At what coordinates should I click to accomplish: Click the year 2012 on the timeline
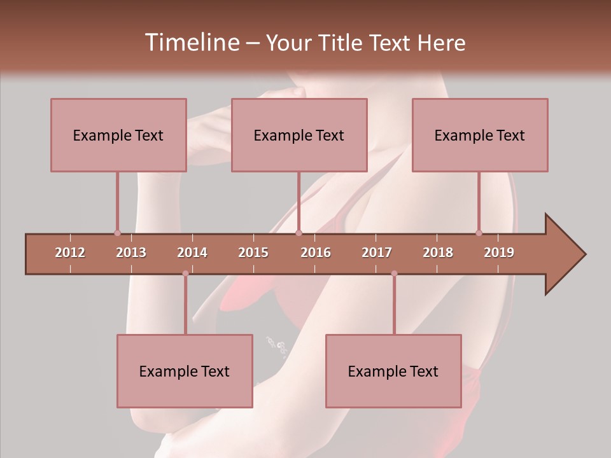(70, 253)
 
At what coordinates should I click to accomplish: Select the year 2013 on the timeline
(131, 253)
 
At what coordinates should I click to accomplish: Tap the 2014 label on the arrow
(192, 253)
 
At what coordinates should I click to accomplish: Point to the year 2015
(253, 253)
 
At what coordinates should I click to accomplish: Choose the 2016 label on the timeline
(316, 253)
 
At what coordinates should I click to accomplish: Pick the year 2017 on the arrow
(377, 253)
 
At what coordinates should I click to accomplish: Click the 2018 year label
(438, 253)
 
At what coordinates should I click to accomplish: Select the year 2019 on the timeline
(499, 253)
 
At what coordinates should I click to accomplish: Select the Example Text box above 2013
(118, 135)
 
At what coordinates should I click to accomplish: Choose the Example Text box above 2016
(299, 135)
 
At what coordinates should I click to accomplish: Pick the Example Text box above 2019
(480, 135)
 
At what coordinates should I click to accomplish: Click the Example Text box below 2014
(185, 371)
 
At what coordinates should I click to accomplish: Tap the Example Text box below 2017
(393, 371)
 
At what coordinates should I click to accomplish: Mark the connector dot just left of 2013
(117, 233)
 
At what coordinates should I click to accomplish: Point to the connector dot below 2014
(185, 274)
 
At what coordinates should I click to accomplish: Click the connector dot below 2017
(394, 274)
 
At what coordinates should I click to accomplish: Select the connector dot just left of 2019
(479, 233)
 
